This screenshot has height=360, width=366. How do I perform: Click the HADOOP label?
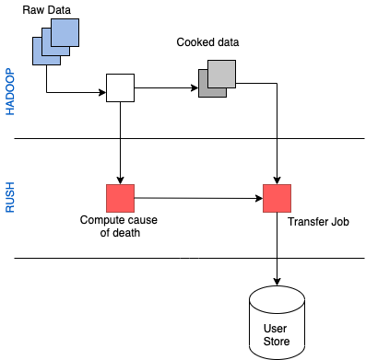click(x=11, y=91)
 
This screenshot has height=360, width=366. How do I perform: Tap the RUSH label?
click(x=11, y=198)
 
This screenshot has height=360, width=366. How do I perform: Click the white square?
click(x=120, y=87)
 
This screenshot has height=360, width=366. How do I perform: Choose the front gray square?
click(x=221, y=74)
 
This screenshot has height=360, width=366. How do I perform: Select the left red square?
click(x=120, y=198)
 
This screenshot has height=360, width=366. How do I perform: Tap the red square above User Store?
click(x=277, y=198)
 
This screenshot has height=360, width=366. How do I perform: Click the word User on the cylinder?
click(x=277, y=329)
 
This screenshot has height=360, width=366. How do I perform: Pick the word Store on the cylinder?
click(x=277, y=342)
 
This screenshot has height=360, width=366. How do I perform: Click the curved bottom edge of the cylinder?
click(x=277, y=356)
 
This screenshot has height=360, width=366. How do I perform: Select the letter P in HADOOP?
click(x=11, y=72)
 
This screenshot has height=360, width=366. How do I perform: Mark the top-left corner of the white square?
click(x=108, y=75)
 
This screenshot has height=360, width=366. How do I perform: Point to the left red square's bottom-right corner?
click(x=134, y=211)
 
